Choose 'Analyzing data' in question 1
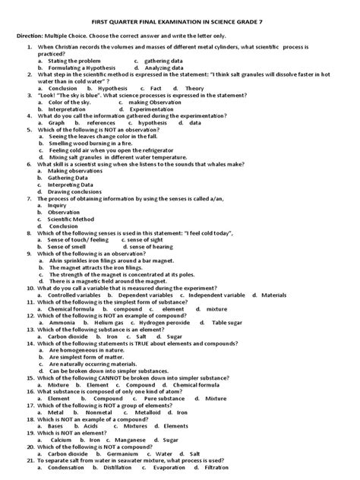(166, 67)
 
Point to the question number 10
(30, 288)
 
